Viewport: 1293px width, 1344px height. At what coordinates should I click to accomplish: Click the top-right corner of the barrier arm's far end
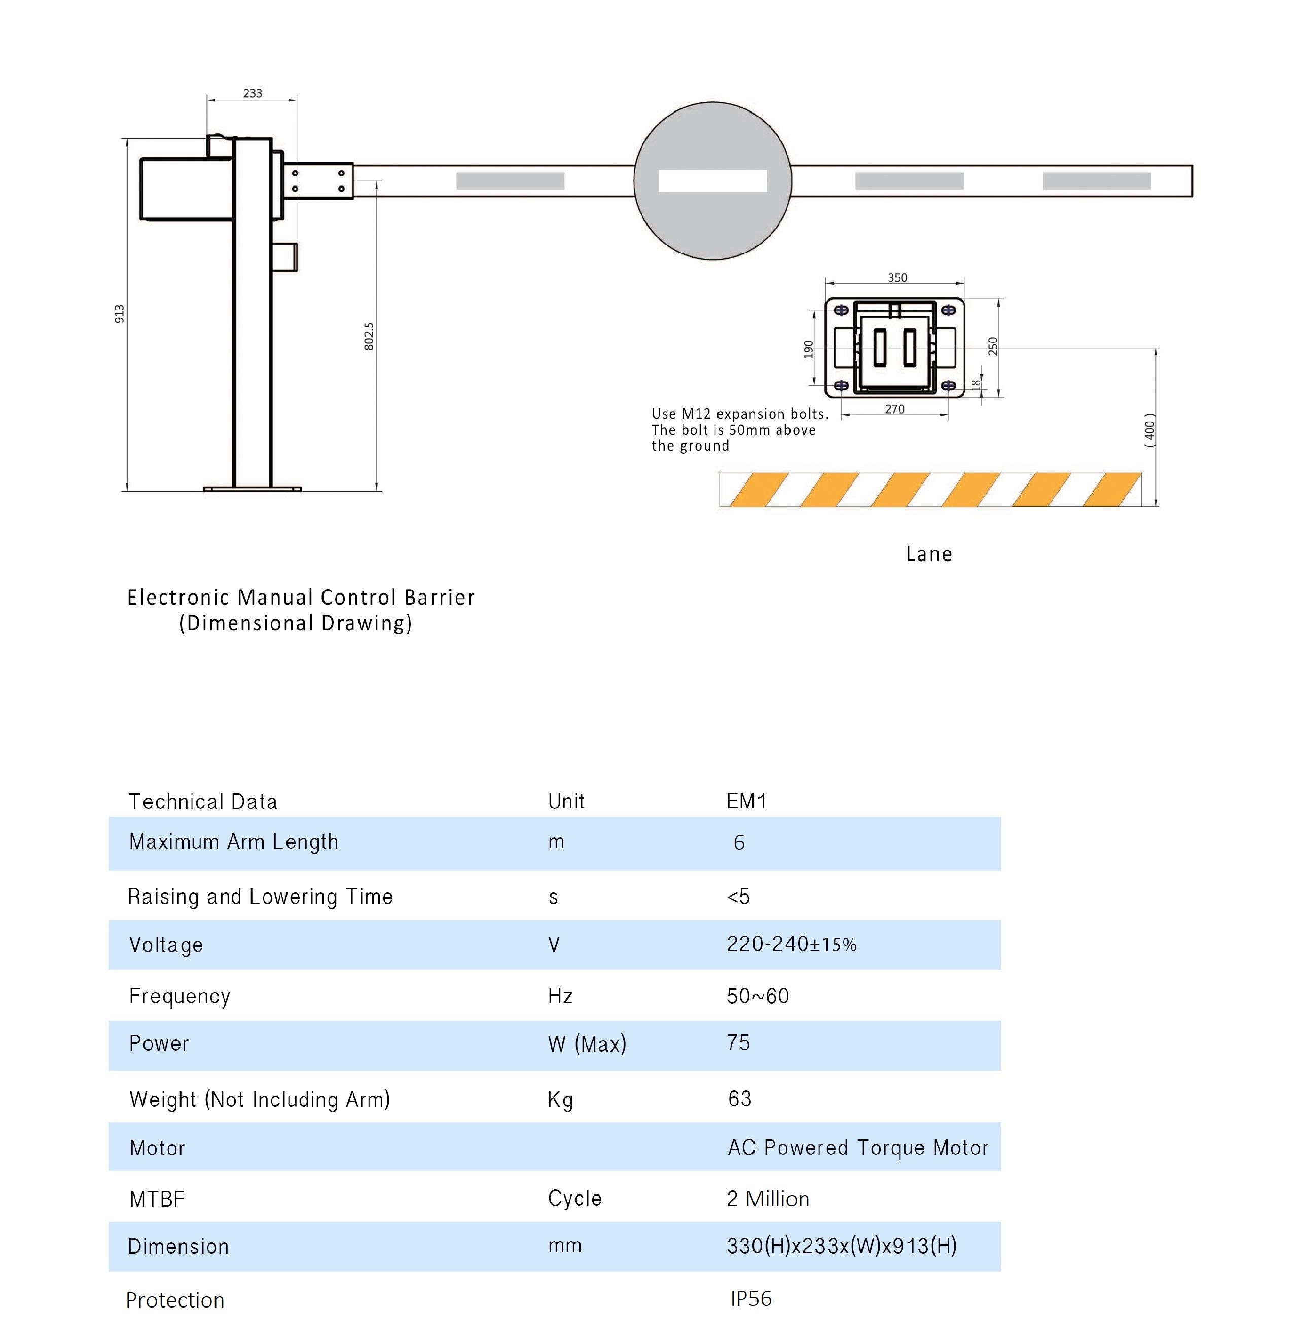(x=1192, y=165)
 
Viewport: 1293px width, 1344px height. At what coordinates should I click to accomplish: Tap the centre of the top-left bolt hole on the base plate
(x=841, y=311)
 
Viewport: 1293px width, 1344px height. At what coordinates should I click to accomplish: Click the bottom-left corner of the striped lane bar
(x=720, y=507)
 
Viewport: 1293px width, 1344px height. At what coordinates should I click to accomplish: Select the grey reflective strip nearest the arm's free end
(x=1096, y=181)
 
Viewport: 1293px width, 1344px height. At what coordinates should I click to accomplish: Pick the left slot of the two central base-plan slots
(x=881, y=348)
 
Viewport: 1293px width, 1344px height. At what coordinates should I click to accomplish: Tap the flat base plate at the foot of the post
(x=253, y=489)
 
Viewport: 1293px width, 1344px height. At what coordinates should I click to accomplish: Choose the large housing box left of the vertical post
(x=187, y=189)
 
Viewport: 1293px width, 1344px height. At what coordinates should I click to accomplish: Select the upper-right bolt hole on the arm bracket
(x=341, y=173)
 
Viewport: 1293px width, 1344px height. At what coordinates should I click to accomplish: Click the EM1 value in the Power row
(x=738, y=1043)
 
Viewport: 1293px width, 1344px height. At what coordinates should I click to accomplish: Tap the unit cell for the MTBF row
(x=575, y=1198)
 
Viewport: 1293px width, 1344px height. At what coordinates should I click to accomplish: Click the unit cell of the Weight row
(x=560, y=1100)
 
